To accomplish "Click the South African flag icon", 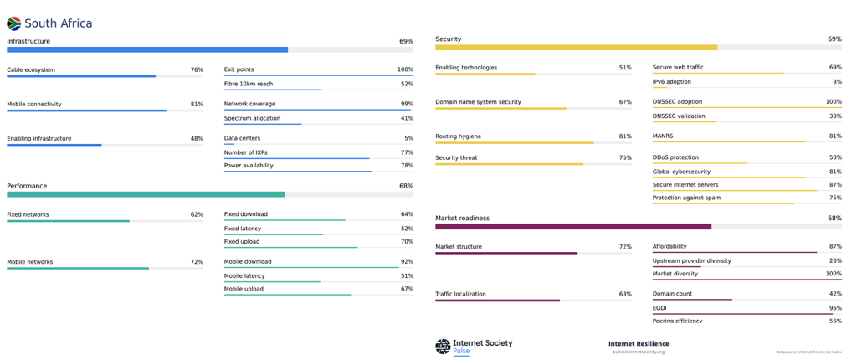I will pos(13,23).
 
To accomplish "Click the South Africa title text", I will pos(59,23).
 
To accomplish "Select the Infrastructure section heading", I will pos(28,41).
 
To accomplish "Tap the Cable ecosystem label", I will pos(31,70).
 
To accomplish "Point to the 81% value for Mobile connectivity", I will pos(197,105).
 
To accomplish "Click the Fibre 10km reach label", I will pos(249,84).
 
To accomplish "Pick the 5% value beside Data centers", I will pos(408,138).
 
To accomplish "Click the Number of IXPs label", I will pos(246,152).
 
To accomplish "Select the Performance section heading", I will pos(27,186).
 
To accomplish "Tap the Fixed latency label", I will pos(243,229).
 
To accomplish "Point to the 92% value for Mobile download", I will pos(407,261).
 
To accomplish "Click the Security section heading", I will pos(448,39).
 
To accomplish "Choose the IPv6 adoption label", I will pos(672,82).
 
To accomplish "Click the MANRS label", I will pos(663,136).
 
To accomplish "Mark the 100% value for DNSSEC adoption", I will pos(834,102).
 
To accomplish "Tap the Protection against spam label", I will pos(686,198).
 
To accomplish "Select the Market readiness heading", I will pos(462,219).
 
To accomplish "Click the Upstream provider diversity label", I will pos(691,260).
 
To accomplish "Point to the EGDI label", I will pos(659,308).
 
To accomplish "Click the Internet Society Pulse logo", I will pos(474,346).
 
